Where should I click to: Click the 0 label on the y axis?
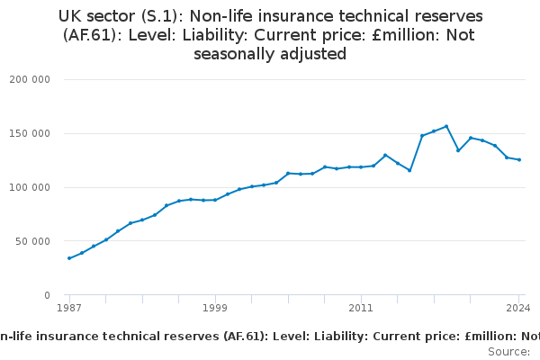click(46, 295)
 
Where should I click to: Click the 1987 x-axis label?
click(69, 308)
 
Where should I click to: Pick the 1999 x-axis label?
click(215, 308)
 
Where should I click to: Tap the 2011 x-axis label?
click(361, 308)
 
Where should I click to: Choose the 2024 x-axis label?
click(518, 308)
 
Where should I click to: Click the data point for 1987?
click(69, 258)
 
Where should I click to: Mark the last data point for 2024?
click(519, 159)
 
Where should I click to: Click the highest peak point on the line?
click(446, 126)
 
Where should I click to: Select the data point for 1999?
click(215, 200)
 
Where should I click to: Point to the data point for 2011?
click(361, 166)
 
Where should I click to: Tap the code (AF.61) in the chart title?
click(93, 35)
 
